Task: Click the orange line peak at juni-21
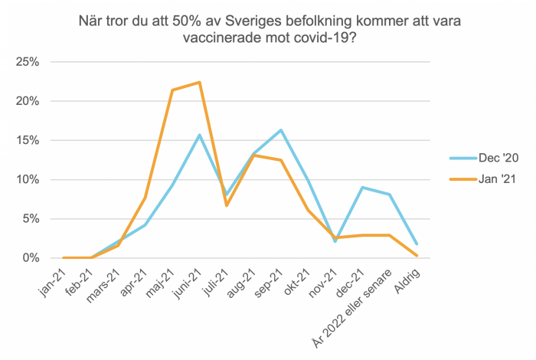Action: (200, 82)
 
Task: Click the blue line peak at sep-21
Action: (281, 130)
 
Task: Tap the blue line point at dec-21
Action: (362, 188)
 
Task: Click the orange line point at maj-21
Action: (173, 90)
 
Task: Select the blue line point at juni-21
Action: (200, 135)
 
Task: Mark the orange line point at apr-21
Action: (145, 197)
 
